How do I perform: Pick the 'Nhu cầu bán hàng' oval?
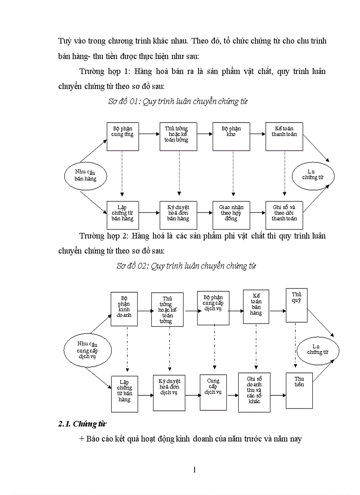(x=86, y=175)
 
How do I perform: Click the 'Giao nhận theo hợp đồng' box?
(x=231, y=215)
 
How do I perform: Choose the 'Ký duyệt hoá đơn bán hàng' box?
(x=178, y=215)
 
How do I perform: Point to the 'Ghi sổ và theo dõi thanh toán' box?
(x=284, y=215)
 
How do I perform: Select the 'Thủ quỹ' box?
(x=296, y=305)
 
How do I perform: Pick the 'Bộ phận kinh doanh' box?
(x=124, y=309)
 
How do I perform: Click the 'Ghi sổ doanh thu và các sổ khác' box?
(x=254, y=392)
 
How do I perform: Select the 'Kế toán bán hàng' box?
(x=256, y=306)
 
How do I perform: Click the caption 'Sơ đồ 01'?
(x=178, y=102)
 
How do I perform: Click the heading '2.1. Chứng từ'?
(x=82, y=424)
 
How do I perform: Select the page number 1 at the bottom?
(x=194, y=469)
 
